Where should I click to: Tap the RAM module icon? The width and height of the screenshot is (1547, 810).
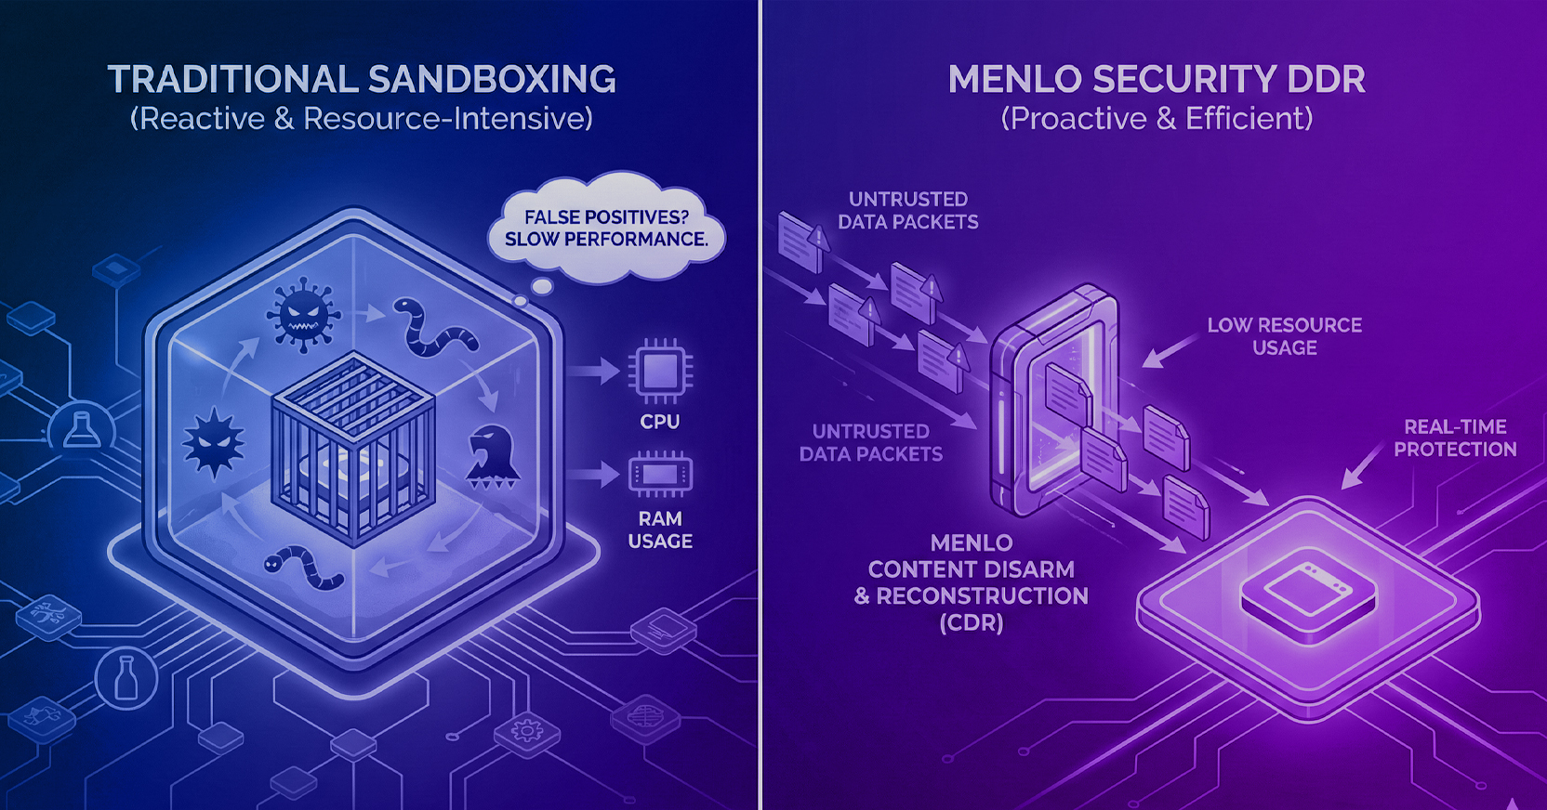(x=659, y=475)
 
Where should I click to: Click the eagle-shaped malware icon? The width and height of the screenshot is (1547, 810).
(x=491, y=456)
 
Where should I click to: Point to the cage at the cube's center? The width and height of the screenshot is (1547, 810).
(x=353, y=446)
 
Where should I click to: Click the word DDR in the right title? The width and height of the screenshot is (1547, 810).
(x=1327, y=80)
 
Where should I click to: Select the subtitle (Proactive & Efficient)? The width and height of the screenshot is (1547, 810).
(x=1157, y=119)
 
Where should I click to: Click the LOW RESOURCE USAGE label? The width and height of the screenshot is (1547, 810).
(x=1284, y=336)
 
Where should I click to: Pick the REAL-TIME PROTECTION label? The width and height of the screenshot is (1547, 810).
(x=1455, y=438)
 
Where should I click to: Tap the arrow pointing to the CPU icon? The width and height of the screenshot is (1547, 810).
(x=593, y=372)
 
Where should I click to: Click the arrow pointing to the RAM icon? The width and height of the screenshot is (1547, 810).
(x=593, y=475)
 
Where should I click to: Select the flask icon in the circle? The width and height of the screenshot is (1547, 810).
(x=82, y=430)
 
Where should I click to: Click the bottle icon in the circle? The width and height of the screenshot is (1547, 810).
(x=126, y=678)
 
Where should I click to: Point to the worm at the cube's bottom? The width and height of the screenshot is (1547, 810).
(x=305, y=567)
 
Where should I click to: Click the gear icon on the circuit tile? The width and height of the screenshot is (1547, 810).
(x=527, y=731)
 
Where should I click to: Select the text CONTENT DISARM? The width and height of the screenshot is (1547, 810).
(x=971, y=569)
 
